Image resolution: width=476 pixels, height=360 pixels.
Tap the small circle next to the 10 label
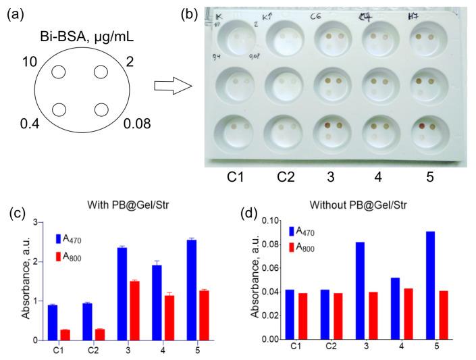click(x=59, y=72)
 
